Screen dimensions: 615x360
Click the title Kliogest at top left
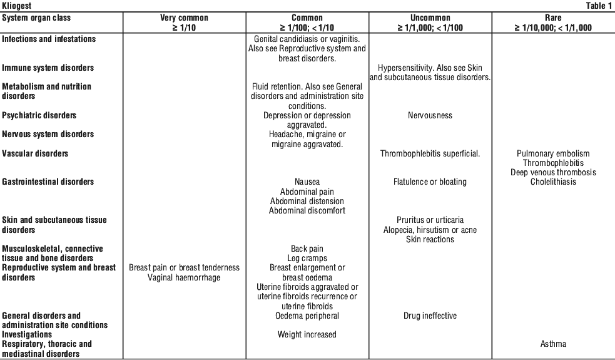(16, 6)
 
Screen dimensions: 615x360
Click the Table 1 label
(599, 6)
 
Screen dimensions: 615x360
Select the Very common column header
(184, 18)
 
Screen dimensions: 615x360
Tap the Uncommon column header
(430, 18)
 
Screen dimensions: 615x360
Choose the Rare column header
(553, 18)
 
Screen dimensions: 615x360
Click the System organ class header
(36, 18)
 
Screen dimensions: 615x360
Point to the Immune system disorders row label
(48, 68)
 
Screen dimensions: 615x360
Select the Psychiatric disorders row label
(39, 115)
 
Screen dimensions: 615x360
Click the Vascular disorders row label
(35, 153)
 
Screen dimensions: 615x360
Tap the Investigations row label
(27, 334)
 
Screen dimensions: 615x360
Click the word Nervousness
(430, 115)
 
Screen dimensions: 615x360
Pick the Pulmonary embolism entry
(553, 153)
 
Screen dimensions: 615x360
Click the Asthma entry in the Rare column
(553, 344)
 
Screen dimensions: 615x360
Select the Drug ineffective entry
(430, 316)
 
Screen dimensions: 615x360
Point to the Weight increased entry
(307, 334)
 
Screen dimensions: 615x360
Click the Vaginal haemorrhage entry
(184, 277)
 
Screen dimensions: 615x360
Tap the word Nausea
(307, 182)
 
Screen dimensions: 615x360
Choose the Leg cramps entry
(307, 259)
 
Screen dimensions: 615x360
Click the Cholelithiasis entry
(553, 182)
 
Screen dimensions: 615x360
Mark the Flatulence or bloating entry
(430, 182)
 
